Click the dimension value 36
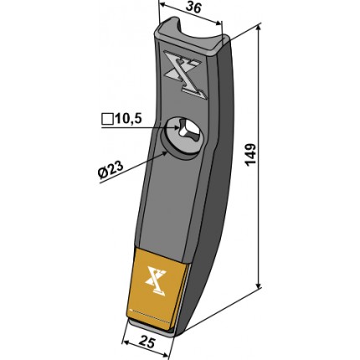[x=193, y=8]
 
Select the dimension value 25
[x=147, y=342]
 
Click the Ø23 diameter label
[x=111, y=170]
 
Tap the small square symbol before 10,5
[x=107, y=119]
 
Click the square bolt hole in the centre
[x=188, y=129]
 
